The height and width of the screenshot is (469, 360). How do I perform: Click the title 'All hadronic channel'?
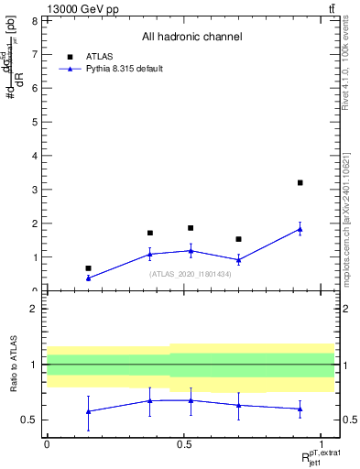coord(191,38)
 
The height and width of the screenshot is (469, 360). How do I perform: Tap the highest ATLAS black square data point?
coord(300,183)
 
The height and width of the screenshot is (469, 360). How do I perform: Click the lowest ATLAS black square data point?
coord(88,268)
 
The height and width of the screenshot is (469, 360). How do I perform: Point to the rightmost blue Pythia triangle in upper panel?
coord(300,229)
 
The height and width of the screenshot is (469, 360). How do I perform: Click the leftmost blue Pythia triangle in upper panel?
coord(88,278)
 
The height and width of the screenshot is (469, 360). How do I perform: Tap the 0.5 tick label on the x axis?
coord(184,444)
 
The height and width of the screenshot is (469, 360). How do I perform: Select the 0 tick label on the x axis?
coord(47,444)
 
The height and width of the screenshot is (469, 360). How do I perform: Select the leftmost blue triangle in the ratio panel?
coord(88,411)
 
